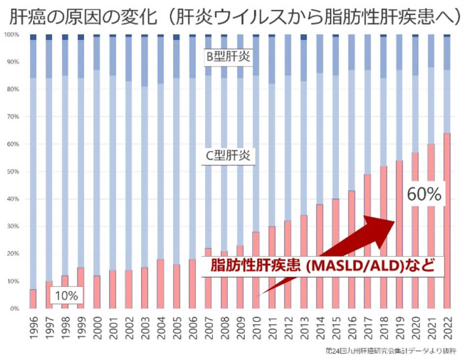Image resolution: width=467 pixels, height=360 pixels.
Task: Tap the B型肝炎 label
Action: (228, 57)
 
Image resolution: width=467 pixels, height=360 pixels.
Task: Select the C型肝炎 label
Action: (228, 156)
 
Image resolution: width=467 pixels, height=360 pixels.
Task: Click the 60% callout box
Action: (424, 194)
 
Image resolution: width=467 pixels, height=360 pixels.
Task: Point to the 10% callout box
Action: (66, 296)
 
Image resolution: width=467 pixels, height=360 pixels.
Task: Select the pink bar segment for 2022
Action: (447, 221)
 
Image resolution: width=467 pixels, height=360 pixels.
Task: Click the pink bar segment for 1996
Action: (33, 299)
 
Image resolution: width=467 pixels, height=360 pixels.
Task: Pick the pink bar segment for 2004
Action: (160, 284)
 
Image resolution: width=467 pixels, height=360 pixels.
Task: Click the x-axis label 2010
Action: (256, 326)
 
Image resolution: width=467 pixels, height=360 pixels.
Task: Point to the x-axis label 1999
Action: (81, 326)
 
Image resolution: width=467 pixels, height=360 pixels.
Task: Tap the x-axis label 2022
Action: (447, 326)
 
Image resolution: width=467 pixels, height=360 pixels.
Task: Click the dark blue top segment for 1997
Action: (49, 37)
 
